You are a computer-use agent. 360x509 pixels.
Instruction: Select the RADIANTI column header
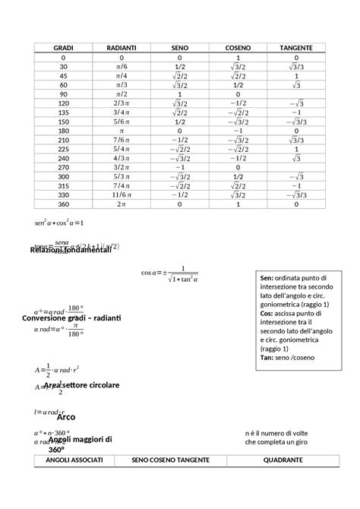tap(121, 47)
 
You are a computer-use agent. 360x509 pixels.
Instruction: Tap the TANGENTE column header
tap(295, 47)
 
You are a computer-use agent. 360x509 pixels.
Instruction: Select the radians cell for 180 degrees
tap(121, 131)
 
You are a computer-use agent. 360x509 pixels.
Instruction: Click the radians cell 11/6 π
tap(121, 194)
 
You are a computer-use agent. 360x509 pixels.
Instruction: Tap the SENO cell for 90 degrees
tap(178, 94)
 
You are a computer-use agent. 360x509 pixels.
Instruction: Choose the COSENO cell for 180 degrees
tap(237, 131)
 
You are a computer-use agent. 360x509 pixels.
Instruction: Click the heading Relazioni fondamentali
tap(70, 250)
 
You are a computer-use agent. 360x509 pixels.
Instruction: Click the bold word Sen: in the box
tap(267, 277)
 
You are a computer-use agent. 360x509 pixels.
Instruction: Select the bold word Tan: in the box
tap(267, 357)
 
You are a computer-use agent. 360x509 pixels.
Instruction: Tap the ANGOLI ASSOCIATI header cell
tap(74, 461)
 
